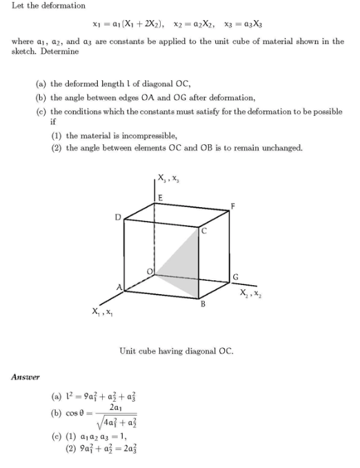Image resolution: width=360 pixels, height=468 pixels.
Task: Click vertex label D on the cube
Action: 118,217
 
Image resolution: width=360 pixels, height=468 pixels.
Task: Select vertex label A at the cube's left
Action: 117,285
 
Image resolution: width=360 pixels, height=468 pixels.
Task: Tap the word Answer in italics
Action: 26,376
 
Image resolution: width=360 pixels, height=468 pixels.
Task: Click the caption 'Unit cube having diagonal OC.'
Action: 176,351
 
